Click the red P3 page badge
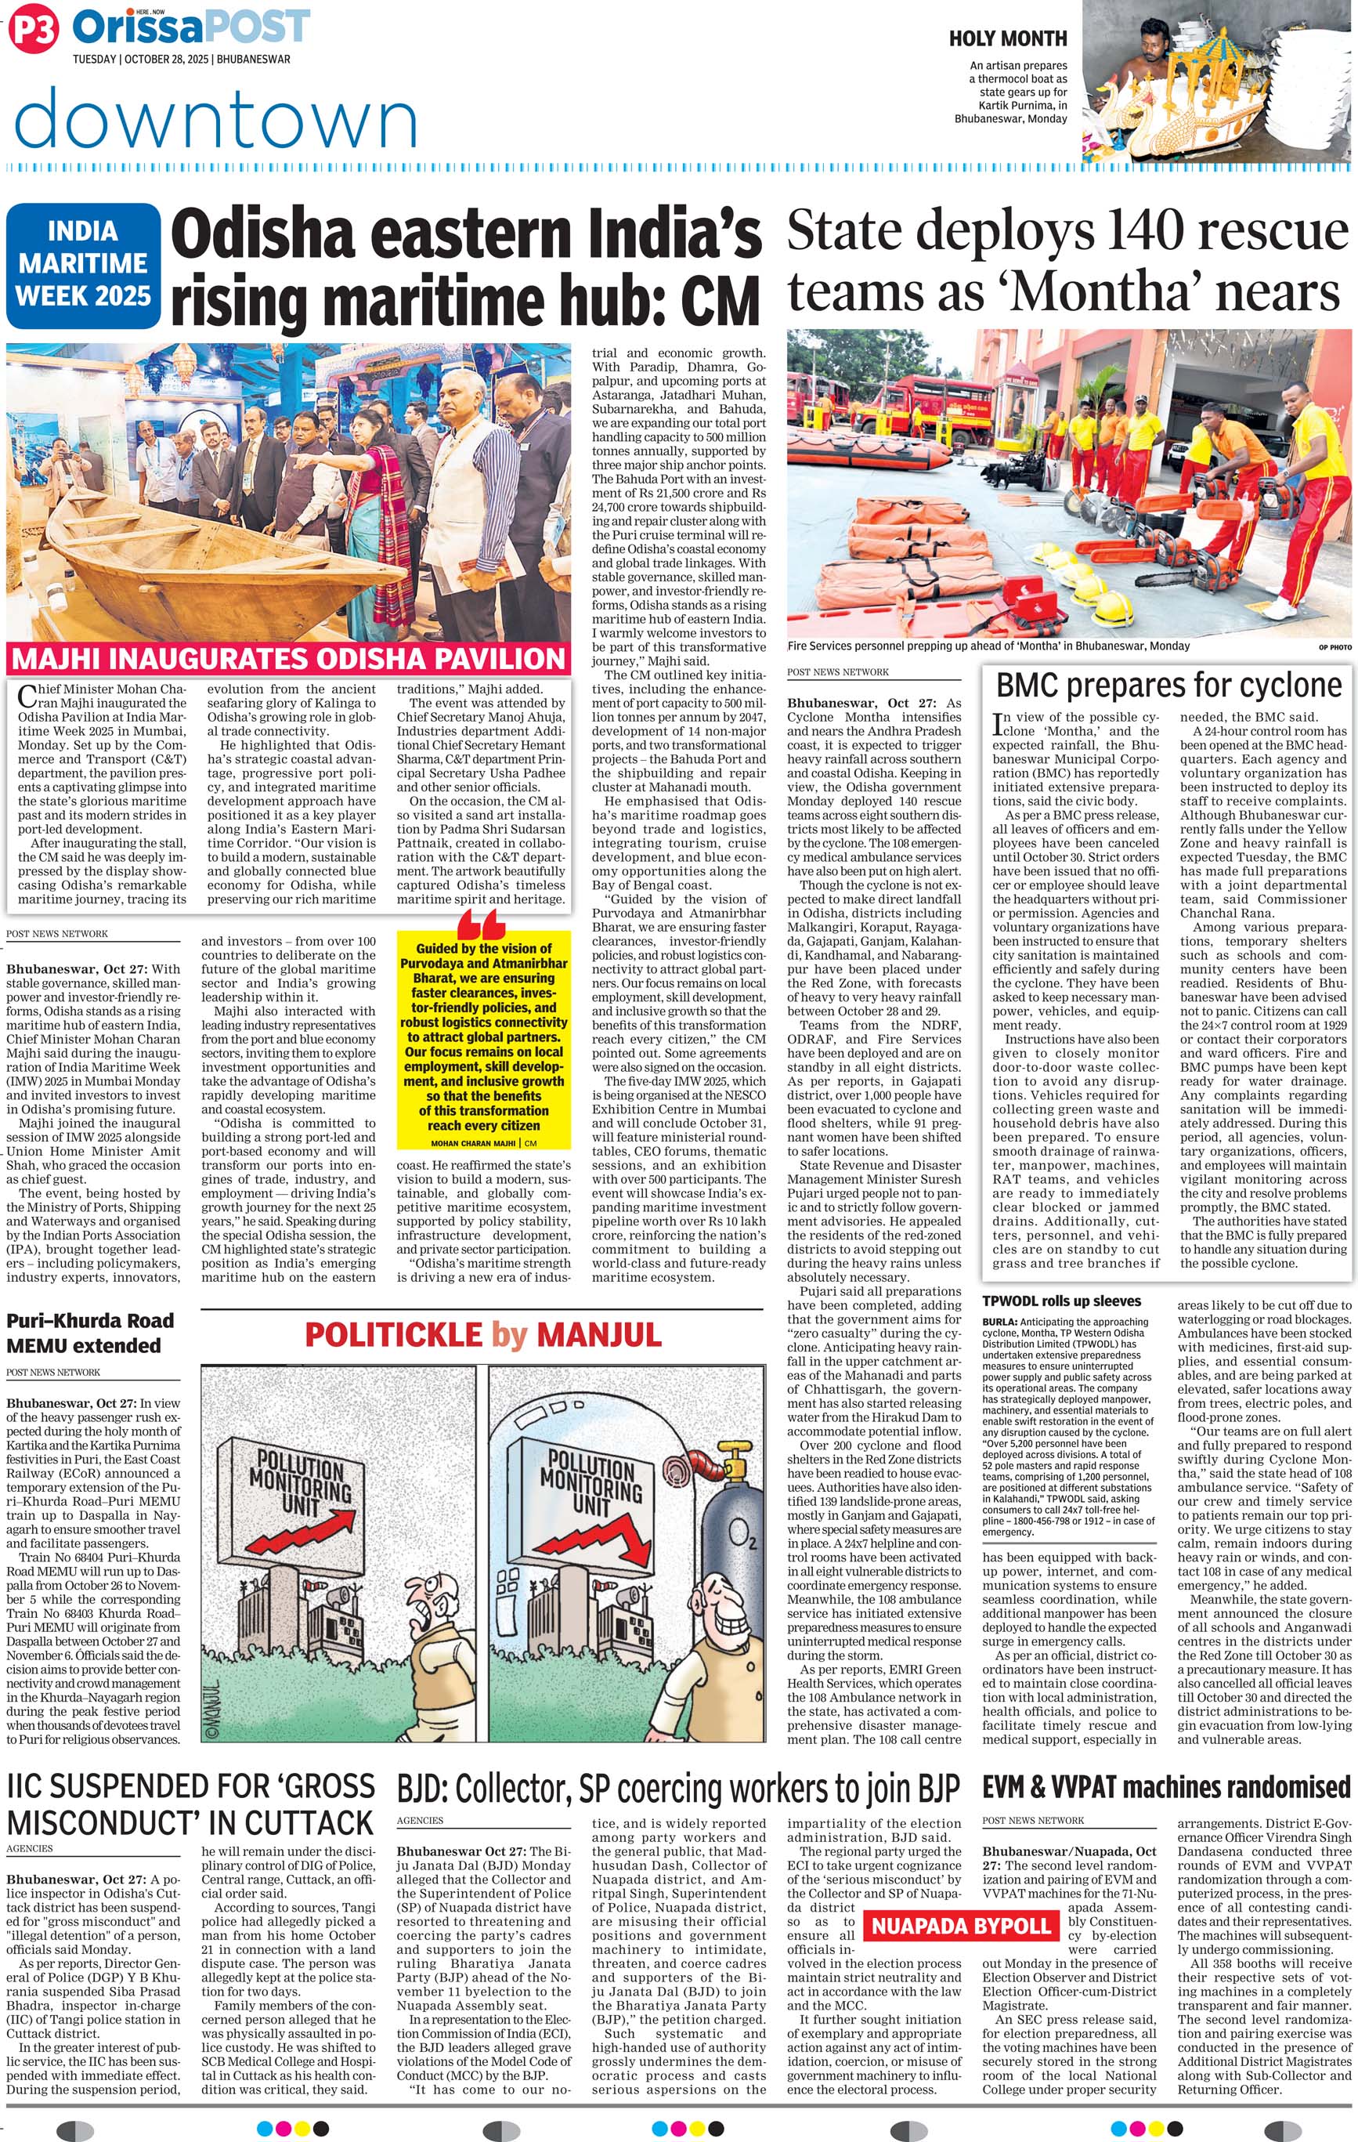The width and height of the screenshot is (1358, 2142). point(33,31)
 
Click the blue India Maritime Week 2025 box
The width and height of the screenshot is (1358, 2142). point(84,264)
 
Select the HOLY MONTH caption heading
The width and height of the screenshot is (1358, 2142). point(1008,38)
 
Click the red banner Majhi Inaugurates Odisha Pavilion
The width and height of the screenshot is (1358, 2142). point(288,659)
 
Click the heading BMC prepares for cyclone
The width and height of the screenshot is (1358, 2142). point(1168,685)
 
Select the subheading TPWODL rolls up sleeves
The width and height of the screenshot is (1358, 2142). point(1061,1301)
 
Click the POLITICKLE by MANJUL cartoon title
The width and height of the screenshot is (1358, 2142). point(483,1334)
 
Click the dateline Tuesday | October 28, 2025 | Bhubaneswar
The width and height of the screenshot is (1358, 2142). point(182,60)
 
